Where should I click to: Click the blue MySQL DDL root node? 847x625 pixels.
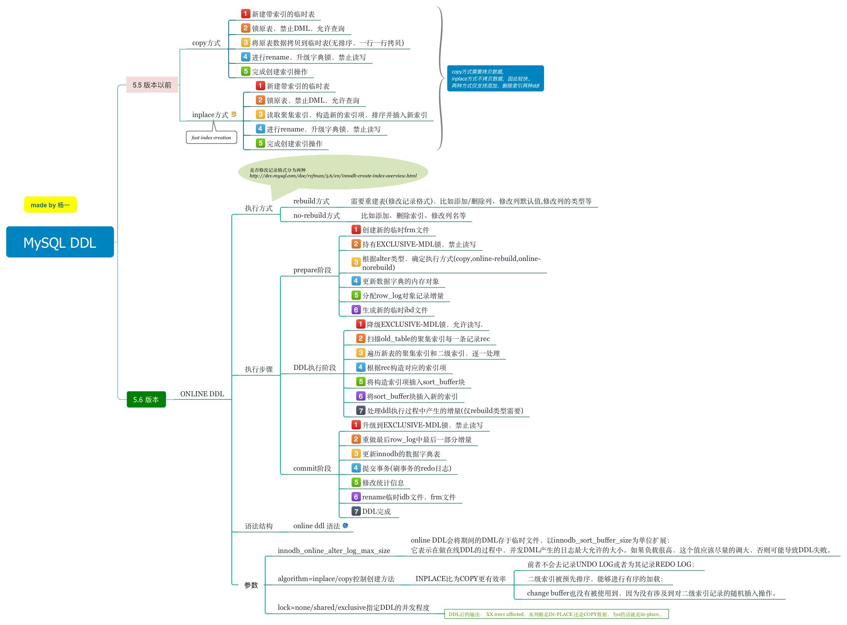pos(60,242)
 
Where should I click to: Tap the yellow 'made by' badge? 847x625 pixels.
pos(50,205)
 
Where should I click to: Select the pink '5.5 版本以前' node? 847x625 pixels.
pos(152,85)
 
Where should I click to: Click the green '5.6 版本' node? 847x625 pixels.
pos(146,399)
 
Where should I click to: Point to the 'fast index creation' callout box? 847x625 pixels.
pos(211,137)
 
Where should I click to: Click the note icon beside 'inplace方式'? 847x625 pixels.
pos(234,114)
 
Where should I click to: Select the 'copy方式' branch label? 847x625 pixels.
pos(206,43)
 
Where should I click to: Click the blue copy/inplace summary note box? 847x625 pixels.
pos(495,79)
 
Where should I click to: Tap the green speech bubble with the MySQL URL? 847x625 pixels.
pos(333,173)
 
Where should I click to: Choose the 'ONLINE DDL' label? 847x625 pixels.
pos(202,394)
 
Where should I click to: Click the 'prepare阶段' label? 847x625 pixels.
pos(312,270)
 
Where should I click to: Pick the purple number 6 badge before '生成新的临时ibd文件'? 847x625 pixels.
pos(355,310)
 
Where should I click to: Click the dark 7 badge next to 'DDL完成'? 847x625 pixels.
pos(356,511)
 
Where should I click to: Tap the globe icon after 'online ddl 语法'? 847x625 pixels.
pos(345,525)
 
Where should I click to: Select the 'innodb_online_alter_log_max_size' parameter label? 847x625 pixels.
pos(334,550)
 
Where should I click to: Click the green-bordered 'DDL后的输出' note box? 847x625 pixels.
pos(556,614)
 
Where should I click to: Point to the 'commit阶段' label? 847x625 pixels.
pos(312,468)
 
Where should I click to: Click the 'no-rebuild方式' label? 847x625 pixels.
pos(316,215)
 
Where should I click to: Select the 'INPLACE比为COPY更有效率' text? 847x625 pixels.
pos(460,579)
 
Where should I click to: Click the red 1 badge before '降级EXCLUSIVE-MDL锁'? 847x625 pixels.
pos(360,324)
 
